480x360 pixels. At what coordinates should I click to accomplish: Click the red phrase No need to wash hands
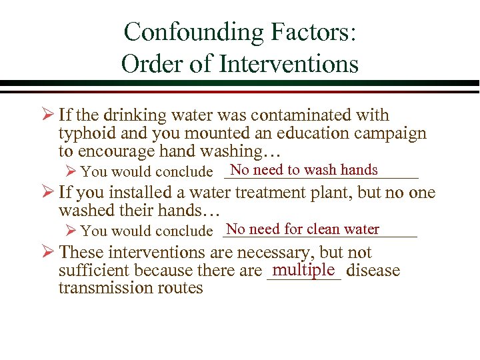click(x=304, y=170)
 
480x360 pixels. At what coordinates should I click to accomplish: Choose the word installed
click(x=155, y=193)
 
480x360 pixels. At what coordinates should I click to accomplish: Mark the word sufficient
click(x=94, y=271)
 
